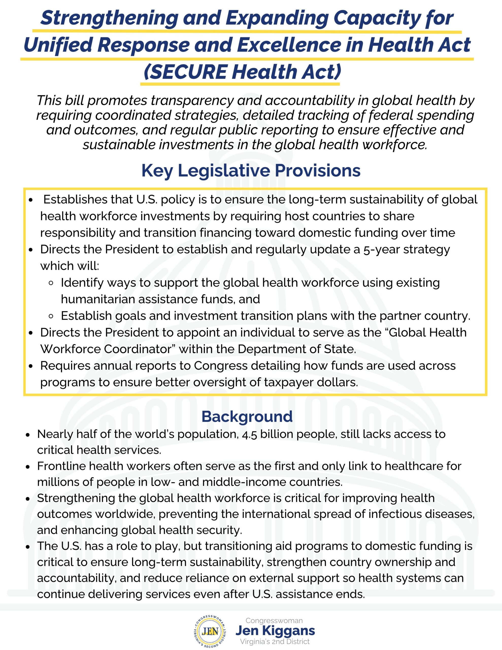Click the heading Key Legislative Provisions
pos(251,171)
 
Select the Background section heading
pos(247,416)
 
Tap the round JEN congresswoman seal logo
pos(210,631)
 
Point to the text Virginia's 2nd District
pos(275,641)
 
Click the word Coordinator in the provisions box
pos(138,349)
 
